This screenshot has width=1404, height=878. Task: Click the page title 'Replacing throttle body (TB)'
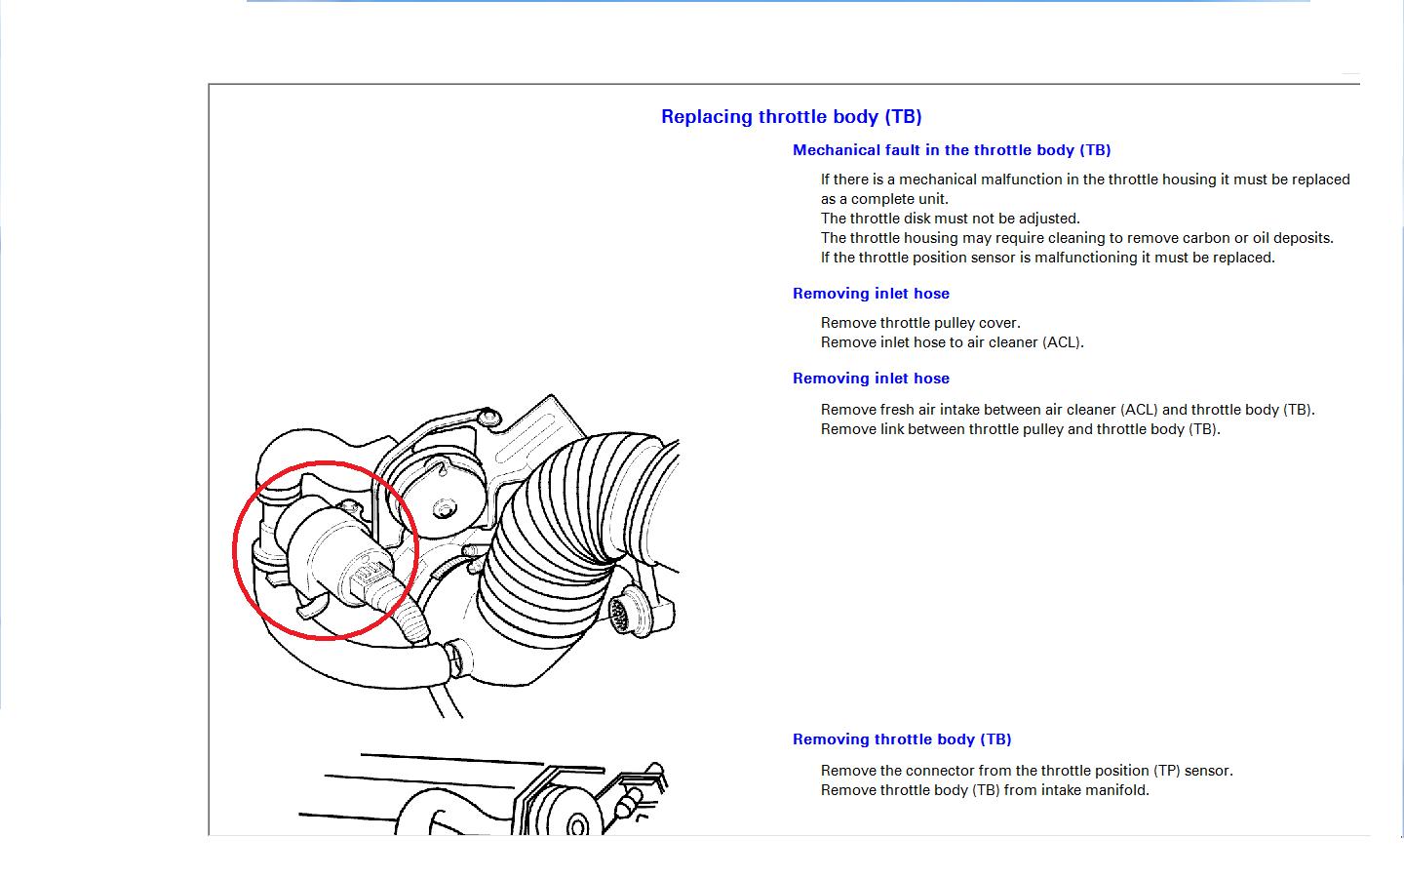(791, 117)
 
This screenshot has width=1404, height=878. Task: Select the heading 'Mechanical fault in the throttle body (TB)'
(952, 150)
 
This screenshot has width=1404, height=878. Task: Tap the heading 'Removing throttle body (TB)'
(902, 739)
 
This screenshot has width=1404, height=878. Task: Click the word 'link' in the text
(893, 429)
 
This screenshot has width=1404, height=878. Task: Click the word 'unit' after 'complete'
(936, 199)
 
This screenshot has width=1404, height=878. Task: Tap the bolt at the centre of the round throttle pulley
(445, 508)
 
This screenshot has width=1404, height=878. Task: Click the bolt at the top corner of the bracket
(489, 417)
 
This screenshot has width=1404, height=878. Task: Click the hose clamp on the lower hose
(457, 658)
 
